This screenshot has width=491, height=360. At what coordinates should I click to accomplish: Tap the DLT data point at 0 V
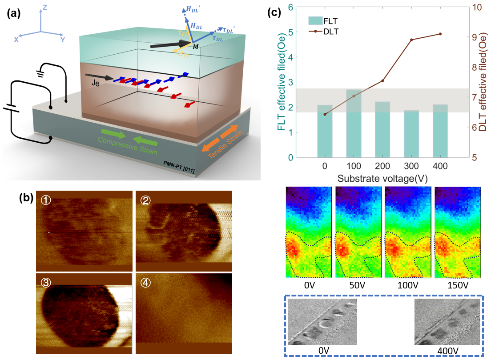325,114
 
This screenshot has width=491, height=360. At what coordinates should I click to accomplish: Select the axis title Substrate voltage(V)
382,179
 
